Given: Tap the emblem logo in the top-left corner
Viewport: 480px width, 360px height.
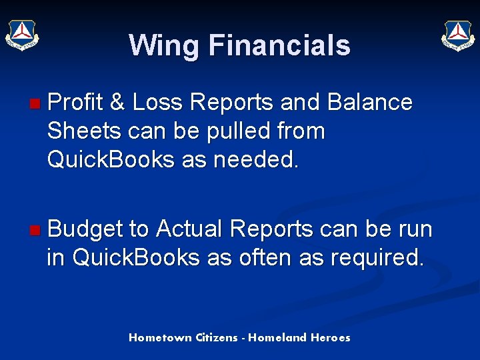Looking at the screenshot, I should (x=22, y=35).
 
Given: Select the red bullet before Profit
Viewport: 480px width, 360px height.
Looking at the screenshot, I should (x=35, y=103).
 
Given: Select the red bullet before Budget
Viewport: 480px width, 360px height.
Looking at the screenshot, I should (x=35, y=231).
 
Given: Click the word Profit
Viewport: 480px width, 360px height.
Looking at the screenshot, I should (x=76, y=103).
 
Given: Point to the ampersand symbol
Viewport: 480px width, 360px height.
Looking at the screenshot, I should (x=117, y=103).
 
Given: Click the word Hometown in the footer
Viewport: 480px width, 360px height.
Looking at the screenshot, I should (x=161, y=338).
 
